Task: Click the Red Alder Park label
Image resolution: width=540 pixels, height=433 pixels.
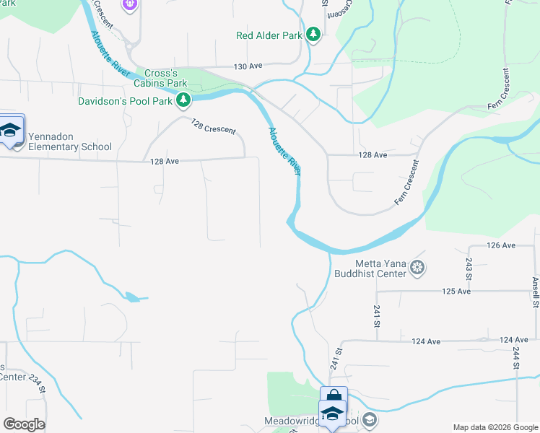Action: [269, 35]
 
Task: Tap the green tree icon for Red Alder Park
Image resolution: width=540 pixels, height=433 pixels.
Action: [313, 34]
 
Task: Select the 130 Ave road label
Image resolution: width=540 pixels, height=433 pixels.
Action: [246, 66]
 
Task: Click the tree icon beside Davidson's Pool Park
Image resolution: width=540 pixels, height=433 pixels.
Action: [184, 100]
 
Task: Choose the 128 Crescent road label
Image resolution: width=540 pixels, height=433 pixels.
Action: [213, 126]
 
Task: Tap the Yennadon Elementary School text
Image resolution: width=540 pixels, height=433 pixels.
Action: [70, 146]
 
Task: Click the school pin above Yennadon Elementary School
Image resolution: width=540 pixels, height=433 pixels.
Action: [12, 129]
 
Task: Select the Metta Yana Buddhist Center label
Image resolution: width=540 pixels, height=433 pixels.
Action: [370, 268]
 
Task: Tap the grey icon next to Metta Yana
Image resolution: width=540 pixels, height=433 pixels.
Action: [417, 268]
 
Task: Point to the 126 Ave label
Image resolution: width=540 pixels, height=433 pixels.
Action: [500, 245]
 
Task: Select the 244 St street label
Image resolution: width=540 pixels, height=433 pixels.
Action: [516, 358]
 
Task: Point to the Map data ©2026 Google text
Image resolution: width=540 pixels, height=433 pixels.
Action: [495, 427]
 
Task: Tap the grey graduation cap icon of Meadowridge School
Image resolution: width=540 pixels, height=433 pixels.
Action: [369, 420]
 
